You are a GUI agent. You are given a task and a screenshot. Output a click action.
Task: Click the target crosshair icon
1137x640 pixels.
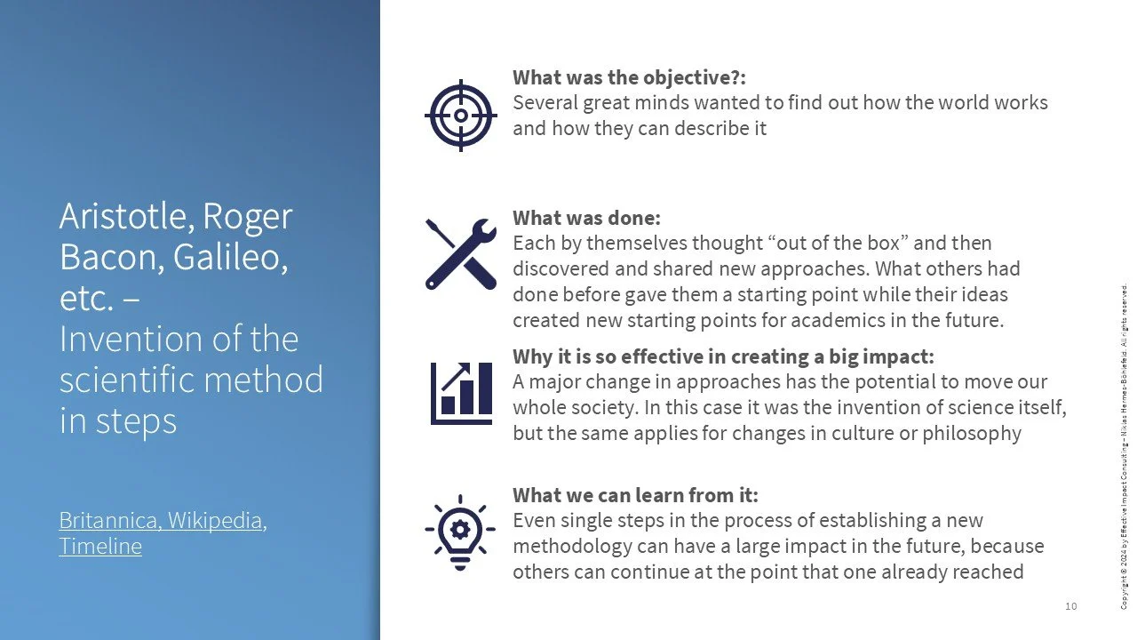click(460, 115)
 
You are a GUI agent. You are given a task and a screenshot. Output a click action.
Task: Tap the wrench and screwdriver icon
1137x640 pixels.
click(460, 253)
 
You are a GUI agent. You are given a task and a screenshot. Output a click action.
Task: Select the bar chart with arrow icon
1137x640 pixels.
click(460, 393)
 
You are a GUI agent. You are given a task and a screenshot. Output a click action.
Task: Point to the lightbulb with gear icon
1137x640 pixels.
click(460, 531)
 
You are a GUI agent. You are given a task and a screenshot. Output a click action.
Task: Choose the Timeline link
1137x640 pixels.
click(100, 546)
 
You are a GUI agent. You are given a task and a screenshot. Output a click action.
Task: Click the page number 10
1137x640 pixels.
click(1070, 606)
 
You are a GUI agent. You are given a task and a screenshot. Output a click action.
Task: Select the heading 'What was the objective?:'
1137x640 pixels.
click(629, 77)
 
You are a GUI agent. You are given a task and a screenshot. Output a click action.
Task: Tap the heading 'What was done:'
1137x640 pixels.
click(586, 218)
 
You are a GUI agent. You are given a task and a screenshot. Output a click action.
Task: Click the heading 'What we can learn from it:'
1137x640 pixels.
click(635, 495)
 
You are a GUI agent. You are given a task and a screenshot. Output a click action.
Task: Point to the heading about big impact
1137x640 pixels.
click(723, 356)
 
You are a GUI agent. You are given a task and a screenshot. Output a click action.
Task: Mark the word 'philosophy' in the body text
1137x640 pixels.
click(974, 434)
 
